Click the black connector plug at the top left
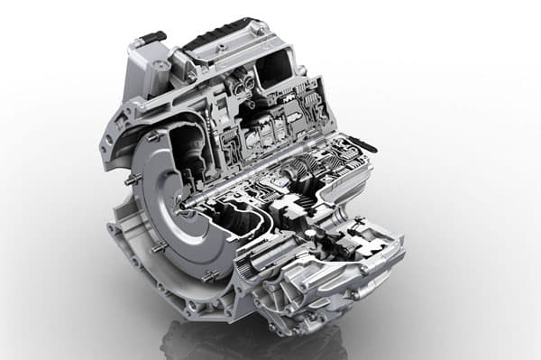pos(151,37)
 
